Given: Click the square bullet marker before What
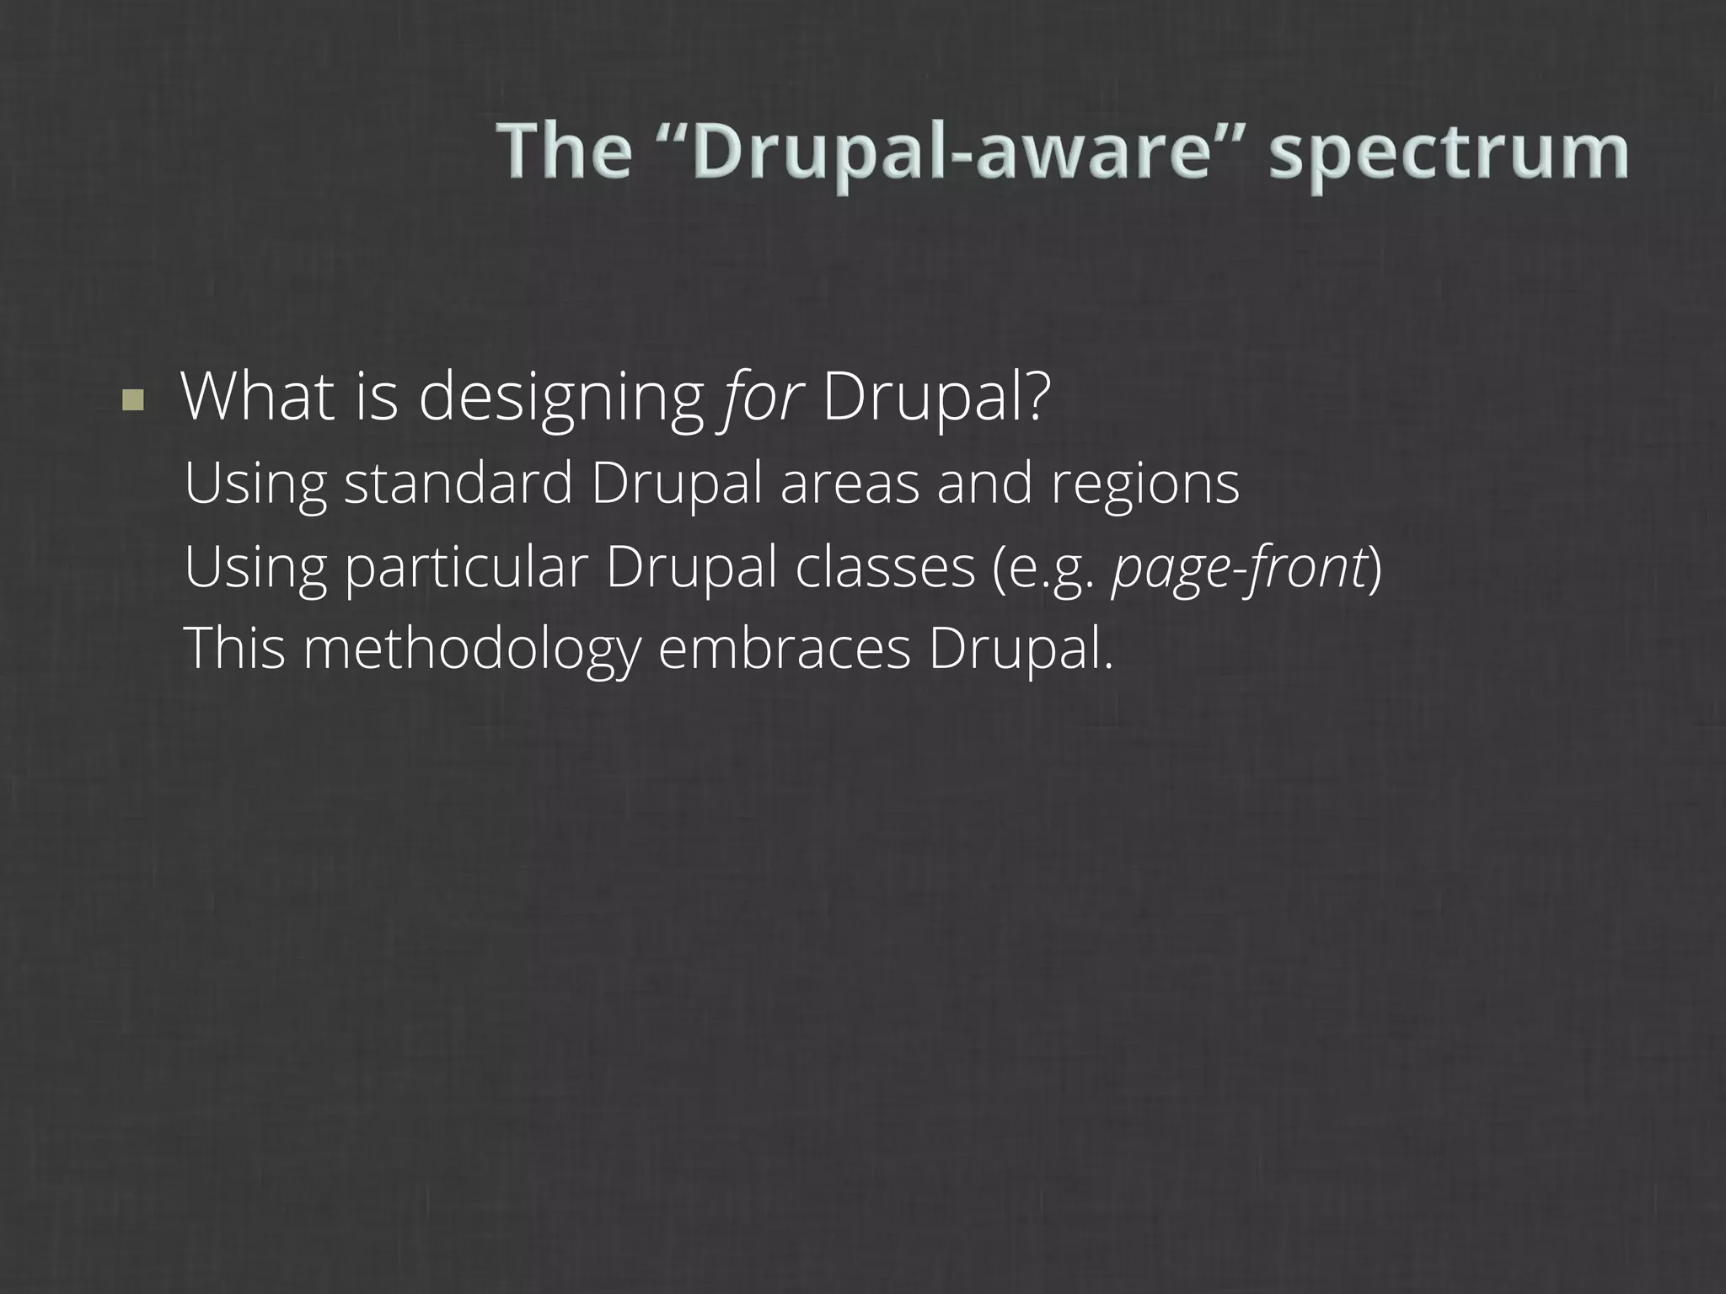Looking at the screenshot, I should point(132,400).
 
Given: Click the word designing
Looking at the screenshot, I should point(561,398).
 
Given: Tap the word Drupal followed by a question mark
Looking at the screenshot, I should point(936,398).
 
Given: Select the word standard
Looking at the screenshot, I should point(458,484).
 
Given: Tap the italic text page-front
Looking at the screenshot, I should point(1239,568).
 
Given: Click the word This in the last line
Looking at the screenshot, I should point(234,649).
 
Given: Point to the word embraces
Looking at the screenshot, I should point(784,649).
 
